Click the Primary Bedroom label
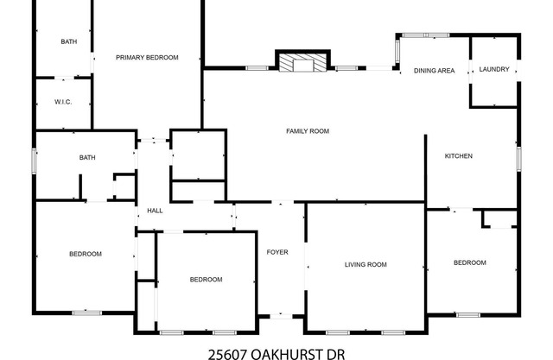tap(147, 57)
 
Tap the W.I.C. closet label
tap(62, 103)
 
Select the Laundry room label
tap(494, 70)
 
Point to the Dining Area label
tap(434, 71)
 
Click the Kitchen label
tap(458, 156)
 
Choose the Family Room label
tap(308, 131)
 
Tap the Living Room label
tap(365, 264)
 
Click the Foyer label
tap(276, 252)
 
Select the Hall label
tap(155, 211)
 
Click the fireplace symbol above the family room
tap(302, 63)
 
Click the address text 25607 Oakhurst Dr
tap(276, 352)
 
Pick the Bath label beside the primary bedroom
tap(68, 41)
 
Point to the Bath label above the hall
tap(86, 157)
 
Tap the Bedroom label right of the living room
tap(469, 262)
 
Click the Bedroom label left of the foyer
tap(207, 279)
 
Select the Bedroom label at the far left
tap(86, 254)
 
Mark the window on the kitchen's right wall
tap(518, 158)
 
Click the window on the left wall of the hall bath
tap(35, 162)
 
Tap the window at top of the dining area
tap(426, 35)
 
